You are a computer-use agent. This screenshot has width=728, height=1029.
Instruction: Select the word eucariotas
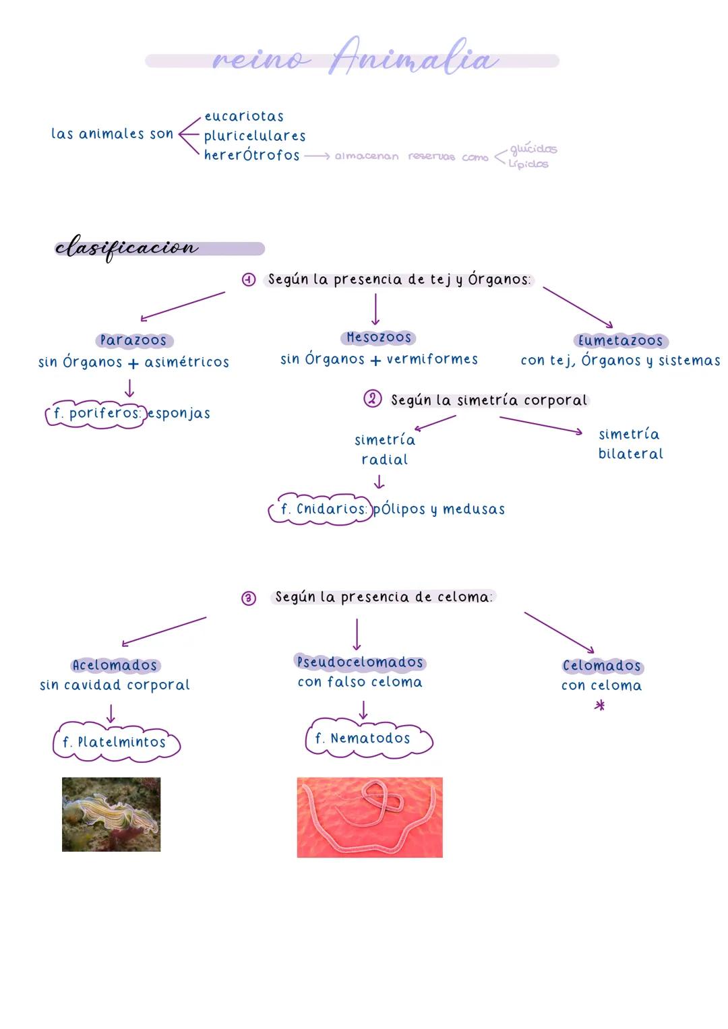(x=244, y=117)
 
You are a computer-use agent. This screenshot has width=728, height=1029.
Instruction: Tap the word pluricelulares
(x=255, y=136)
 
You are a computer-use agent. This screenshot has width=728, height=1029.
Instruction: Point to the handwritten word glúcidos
(x=533, y=149)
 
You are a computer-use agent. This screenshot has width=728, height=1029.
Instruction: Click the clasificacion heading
(x=127, y=248)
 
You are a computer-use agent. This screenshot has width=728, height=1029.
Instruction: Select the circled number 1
(x=249, y=280)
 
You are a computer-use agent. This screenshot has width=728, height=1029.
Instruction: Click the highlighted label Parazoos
(x=133, y=340)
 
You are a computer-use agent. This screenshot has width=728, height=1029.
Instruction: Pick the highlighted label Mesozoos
(x=378, y=338)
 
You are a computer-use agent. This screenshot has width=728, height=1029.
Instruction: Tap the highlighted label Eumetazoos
(x=620, y=341)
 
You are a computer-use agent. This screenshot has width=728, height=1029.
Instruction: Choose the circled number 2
(x=372, y=399)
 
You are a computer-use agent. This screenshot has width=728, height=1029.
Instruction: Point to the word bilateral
(x=630, y=454)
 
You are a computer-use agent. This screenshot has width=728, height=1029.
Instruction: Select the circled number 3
(x=249, y=598)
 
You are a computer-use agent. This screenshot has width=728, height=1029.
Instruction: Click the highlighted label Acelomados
(x=115, y=666)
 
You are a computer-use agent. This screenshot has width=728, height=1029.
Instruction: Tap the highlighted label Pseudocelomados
(x=360, y=662)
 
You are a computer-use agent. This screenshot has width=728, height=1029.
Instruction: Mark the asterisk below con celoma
(x=599, y=706)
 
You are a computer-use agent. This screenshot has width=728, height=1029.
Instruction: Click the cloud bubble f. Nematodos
(x=367, y=739)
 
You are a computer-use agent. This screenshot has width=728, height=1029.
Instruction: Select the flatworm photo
(x=111, y=814)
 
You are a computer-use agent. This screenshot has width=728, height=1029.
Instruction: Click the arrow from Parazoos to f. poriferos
(x=129, y=387)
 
